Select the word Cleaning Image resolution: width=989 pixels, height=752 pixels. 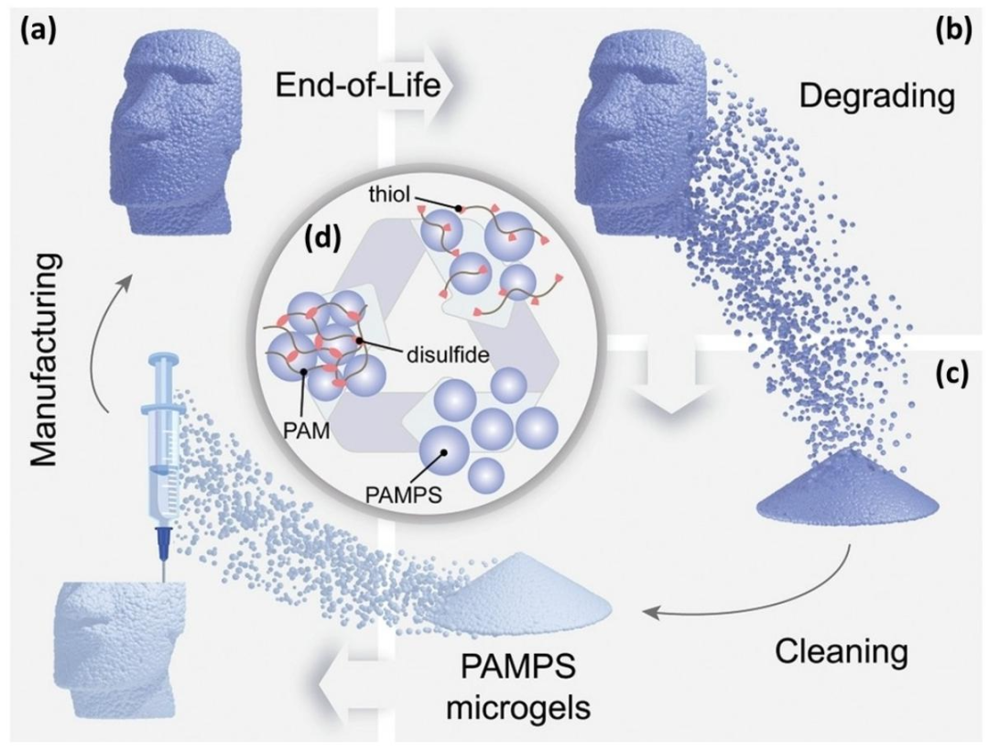(841, 651)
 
